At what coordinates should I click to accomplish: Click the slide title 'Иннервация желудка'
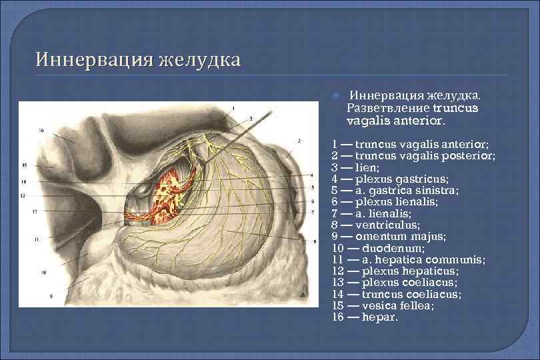(x=138, y=61)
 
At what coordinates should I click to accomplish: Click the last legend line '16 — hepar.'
(x=364, y=317)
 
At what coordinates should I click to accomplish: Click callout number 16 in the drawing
(x=41, y=131)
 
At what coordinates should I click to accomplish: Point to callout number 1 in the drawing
(x=233, y=108)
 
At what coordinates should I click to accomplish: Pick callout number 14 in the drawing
(x=23, y=181)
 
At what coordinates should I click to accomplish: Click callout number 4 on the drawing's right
(x=311, y=175)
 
